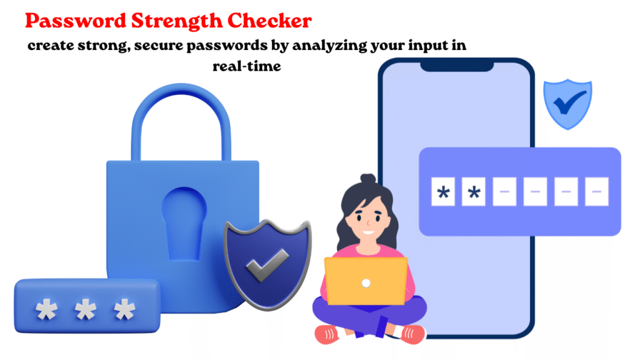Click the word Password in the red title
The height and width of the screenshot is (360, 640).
tap(76, 21)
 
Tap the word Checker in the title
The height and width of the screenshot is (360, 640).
tap(269, 21)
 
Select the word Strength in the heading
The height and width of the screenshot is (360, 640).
tap(176, 21)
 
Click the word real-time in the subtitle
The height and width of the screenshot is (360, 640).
tap(246, 66)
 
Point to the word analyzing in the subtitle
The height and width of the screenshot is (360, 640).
tap(330, 46)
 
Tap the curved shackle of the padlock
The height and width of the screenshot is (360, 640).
tap(181, 118)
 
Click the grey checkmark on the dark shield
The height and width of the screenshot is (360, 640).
tap(267, 266)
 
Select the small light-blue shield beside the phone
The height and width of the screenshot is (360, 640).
tap(567, 104)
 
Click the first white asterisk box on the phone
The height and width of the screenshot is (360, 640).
tap(443, 191)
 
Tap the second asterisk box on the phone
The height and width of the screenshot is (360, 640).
tap(474, 191)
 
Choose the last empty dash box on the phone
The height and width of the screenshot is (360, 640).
tap(597, 191)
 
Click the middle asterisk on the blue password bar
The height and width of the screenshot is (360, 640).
tap(85, 310)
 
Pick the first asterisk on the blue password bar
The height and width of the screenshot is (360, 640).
tap(46, 310)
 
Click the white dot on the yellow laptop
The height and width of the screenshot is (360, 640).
tap(366, 283)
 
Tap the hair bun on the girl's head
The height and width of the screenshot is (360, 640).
tap(367, 179)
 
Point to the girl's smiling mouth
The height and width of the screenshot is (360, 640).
tap(368, 232)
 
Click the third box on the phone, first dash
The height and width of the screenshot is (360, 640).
tap(504, 191)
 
